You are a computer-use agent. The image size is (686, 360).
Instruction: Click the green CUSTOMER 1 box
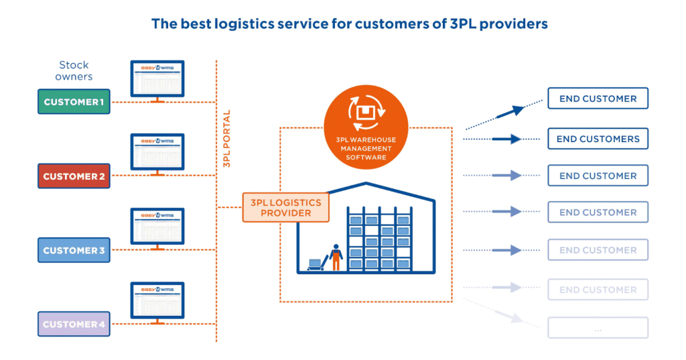74,102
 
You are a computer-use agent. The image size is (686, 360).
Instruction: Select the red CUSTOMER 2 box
74,176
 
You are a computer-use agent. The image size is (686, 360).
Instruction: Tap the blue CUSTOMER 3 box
74,251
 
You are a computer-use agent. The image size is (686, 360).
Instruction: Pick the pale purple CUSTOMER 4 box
74,324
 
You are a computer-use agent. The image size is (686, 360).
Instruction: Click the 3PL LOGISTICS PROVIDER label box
286,208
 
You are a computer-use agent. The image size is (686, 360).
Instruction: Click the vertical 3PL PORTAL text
227,138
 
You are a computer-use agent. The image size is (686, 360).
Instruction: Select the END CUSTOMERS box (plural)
598,139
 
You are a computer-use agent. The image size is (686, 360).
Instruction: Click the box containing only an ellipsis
598,328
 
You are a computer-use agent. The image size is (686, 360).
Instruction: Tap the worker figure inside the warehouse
336,259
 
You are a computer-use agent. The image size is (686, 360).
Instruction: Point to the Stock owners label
74,70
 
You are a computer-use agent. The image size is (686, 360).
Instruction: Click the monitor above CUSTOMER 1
157,79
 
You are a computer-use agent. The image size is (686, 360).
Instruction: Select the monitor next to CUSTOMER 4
157,301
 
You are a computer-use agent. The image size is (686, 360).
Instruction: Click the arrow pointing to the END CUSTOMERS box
506,139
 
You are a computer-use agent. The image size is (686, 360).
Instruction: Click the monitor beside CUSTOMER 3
157,227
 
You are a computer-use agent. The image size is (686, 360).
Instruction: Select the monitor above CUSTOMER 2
157,153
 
